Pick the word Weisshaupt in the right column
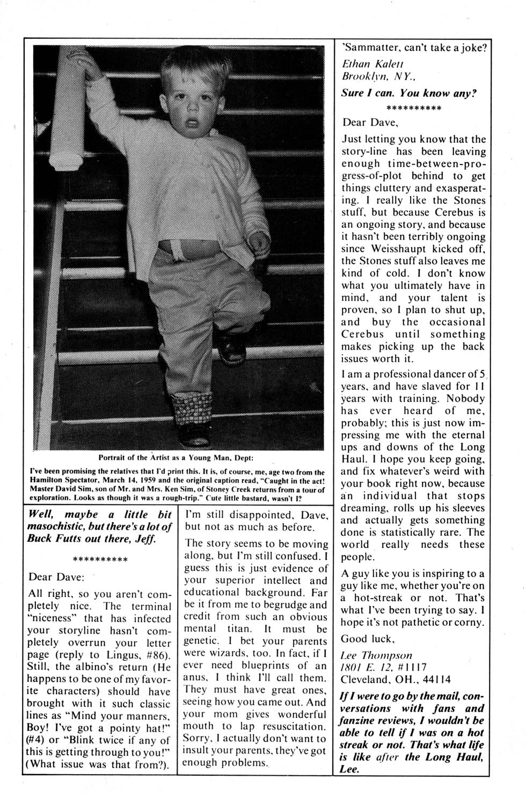pos(404,249)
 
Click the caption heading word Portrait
pos(114,458)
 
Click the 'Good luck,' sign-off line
pos(368,639)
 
